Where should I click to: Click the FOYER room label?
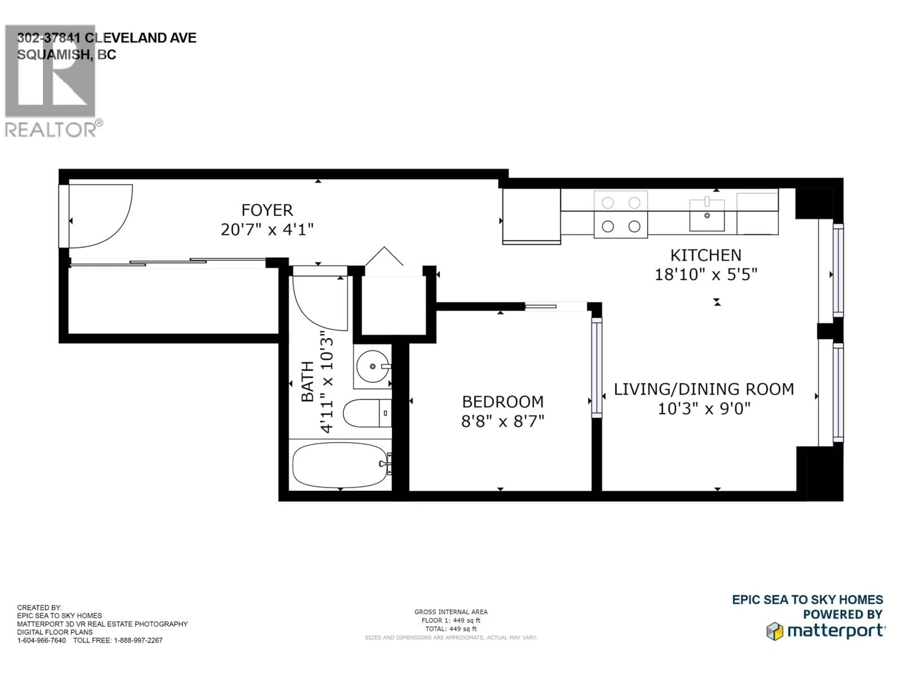coord(267,210)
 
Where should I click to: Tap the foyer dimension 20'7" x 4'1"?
coord(267,230)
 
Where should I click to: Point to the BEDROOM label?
coord(503,402)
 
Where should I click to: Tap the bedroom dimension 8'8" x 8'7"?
coord(503,421)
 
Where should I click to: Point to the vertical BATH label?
coord(308,382)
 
